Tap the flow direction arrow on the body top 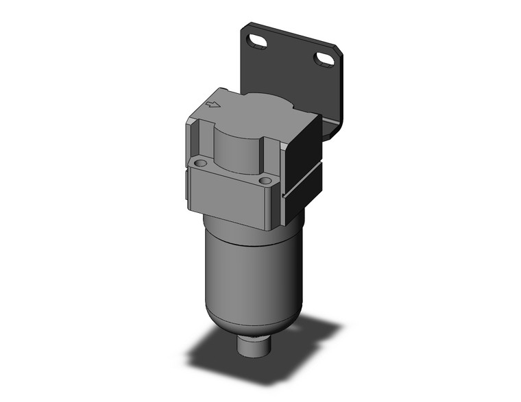click(213, 105)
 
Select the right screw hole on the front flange click(266, 181)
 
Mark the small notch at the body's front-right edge click(280, 199)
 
